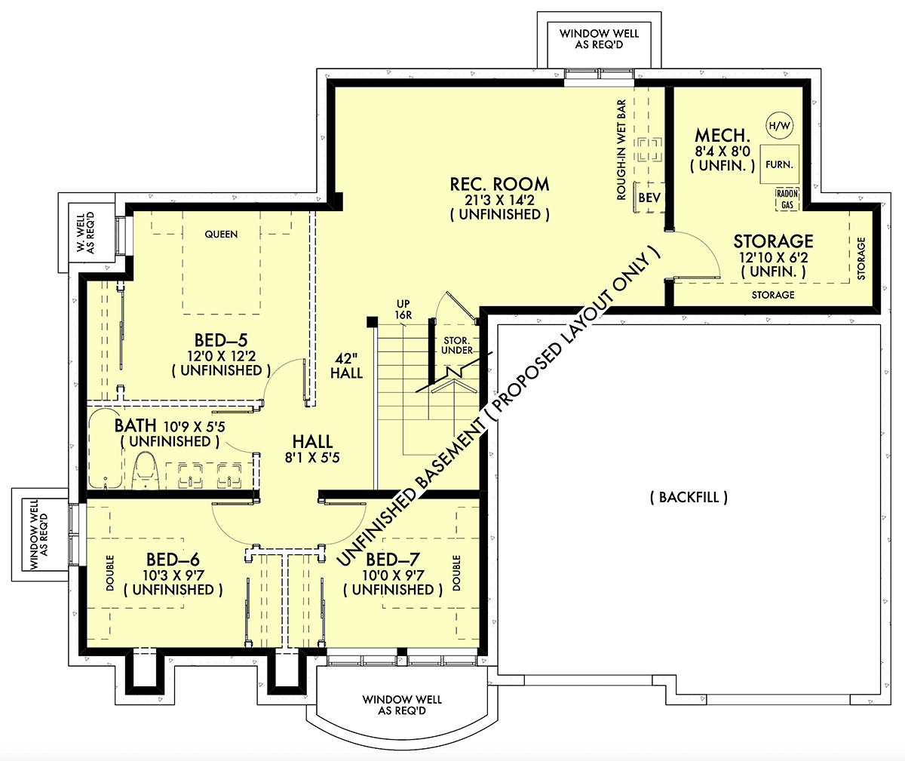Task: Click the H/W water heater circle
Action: [x=779, y=126]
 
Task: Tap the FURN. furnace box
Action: [x=779, y=164]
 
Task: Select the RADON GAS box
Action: [x=787, y=199]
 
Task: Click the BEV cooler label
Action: [x=649, y=198]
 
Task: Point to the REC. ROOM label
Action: [x=499, y=184]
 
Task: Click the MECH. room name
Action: [x=722, y=136]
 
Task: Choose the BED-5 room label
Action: [x=221, y=340]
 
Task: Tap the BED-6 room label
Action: [x=173, y=560]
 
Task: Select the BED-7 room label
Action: [x=393, y=560]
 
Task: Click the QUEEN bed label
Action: [x=221, y=235]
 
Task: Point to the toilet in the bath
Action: [x=146, y=471]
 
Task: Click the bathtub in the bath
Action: [x=106, y=448]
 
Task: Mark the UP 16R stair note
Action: [x=403, y=309]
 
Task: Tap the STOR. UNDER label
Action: [x=457, y=345]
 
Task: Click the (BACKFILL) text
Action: [x=689, y=497]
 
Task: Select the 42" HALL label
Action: [x=346, y=366]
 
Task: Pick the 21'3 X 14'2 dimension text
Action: [x=499, y=200]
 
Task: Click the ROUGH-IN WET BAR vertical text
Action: [x=621, y=150]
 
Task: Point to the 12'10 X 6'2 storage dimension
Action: [x=774, y=257]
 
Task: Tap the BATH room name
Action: [x=135, y=425]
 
